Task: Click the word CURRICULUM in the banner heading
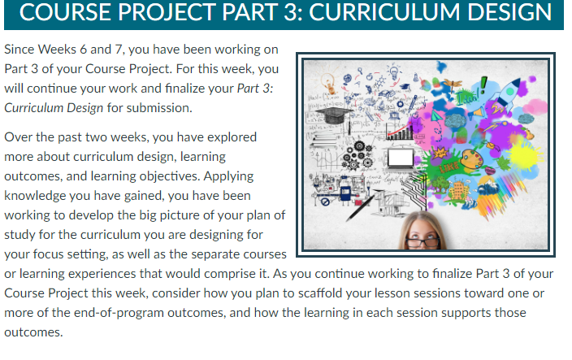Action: pos(384,11)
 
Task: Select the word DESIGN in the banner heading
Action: pos(509,11)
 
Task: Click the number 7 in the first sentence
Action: pos(118,50)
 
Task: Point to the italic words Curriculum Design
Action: pos(54,108)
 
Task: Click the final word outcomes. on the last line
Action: pos(33,332)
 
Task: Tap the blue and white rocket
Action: pos(506,93)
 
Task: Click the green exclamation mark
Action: pos(483,85)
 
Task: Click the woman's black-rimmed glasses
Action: pos(422,242)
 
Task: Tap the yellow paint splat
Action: pos(525,154)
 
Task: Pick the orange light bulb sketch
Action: pos(329,83)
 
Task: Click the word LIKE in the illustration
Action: pos(449,167)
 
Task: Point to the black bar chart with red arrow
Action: pos(401,132)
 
